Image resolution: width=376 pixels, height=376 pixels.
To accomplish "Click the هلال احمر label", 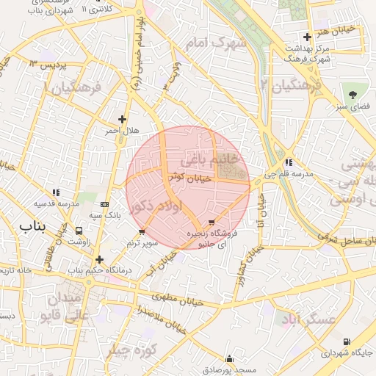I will pos(121,130).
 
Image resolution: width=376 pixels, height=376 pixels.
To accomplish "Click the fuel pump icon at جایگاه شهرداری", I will pos(347,342).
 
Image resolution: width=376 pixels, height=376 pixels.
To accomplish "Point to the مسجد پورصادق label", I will pos(230,370).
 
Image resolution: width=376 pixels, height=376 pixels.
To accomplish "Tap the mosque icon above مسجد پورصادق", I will pos(230,359).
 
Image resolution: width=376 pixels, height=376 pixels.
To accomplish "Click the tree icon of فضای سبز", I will pos(353,94).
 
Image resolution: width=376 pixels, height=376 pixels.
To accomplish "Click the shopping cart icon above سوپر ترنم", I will pos(142,232).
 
